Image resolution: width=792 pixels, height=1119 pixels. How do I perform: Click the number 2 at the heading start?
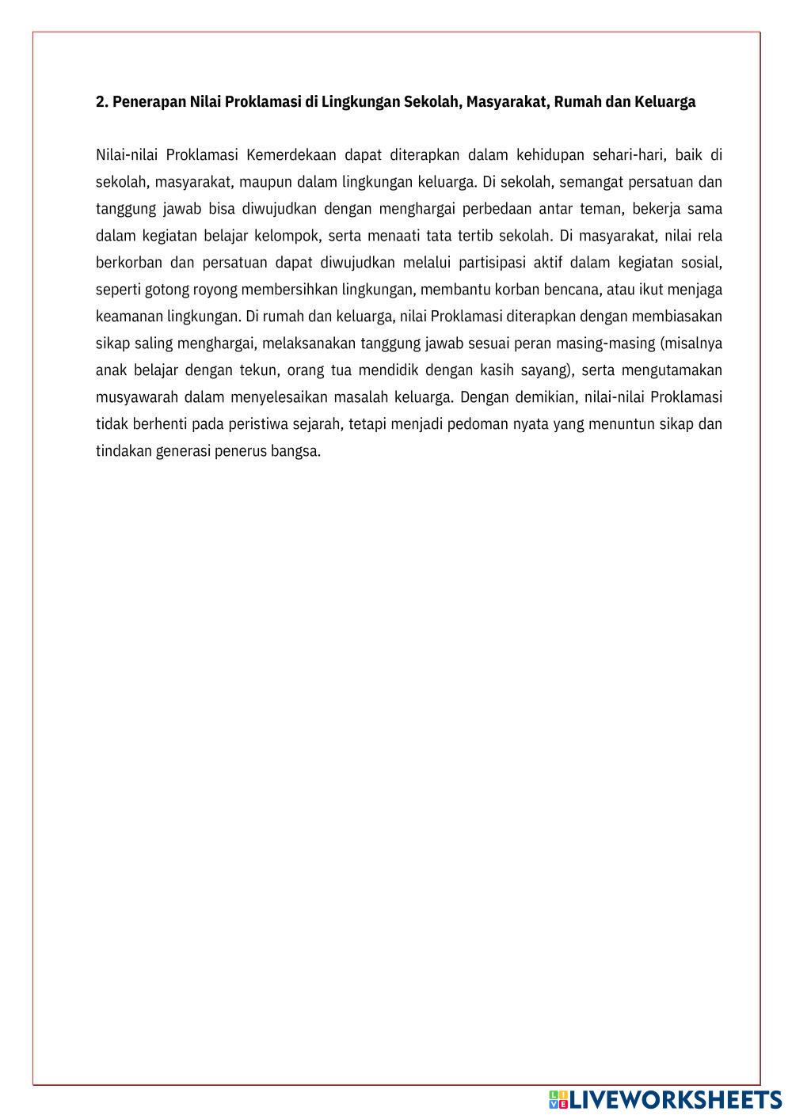[101, 102]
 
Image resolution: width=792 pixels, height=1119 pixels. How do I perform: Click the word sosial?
[702, 263]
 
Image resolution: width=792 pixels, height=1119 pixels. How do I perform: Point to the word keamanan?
[129, 317]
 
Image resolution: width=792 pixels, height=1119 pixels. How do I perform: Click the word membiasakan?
[677, 317]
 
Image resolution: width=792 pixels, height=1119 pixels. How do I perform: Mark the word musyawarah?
[135, 397]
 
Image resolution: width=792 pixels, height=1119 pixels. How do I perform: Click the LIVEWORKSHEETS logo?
[665, 1099]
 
